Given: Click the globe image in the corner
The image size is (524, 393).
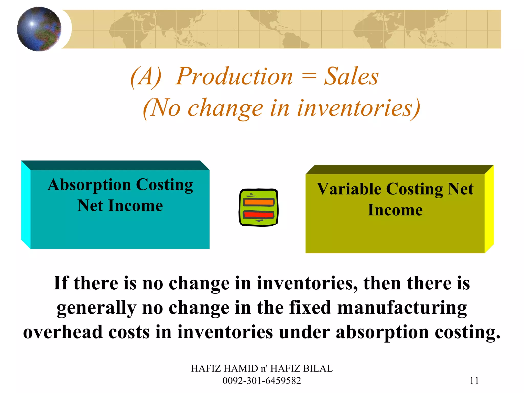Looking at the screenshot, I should click(x=39, y=29).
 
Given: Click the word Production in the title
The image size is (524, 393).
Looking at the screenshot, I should click(x=234, y=77).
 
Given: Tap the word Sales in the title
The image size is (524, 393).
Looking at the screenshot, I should click(x=351, y=77).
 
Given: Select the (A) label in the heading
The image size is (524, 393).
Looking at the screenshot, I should click(x=146, y=77).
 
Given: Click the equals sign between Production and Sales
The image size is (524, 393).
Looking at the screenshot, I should click(x=309, y=76).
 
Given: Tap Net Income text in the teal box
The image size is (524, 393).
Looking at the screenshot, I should click(x=120, y=206).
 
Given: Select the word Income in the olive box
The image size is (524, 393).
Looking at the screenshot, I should click(x=395, y=210).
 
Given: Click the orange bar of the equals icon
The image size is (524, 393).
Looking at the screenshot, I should click(x=259, y=202).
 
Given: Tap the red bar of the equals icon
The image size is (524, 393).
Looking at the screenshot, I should click(x=259, y=214).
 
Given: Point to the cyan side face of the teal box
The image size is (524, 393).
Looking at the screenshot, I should click(x=26, y=205).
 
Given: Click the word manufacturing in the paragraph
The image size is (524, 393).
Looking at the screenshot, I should click(x=402, y=308).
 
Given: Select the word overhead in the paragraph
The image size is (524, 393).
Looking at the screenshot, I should click(x=63, y=332).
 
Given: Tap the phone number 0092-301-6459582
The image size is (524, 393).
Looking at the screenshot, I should click(x=262, y=381).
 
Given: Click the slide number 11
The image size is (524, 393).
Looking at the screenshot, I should click(x=474, y=381).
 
